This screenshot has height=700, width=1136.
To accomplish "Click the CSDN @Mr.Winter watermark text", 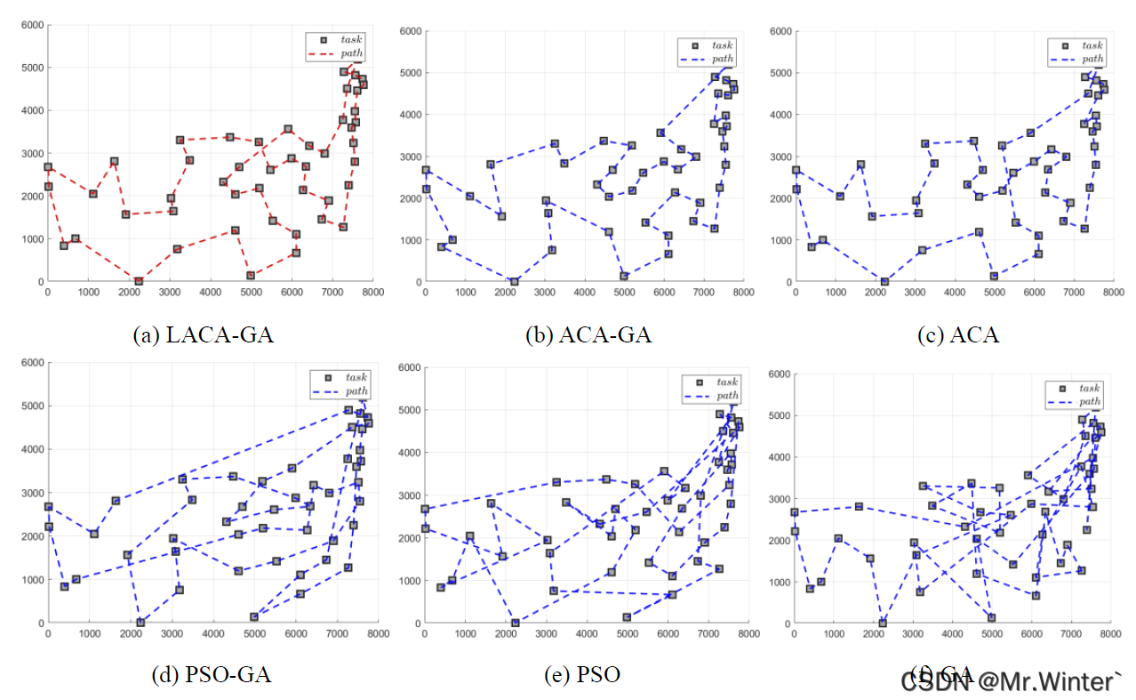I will [1012, 682].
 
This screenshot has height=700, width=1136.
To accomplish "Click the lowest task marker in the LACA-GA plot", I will [139, 281].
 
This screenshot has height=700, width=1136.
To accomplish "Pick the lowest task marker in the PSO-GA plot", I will [140, 623].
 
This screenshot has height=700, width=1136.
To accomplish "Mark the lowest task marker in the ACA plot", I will [884, 281].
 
